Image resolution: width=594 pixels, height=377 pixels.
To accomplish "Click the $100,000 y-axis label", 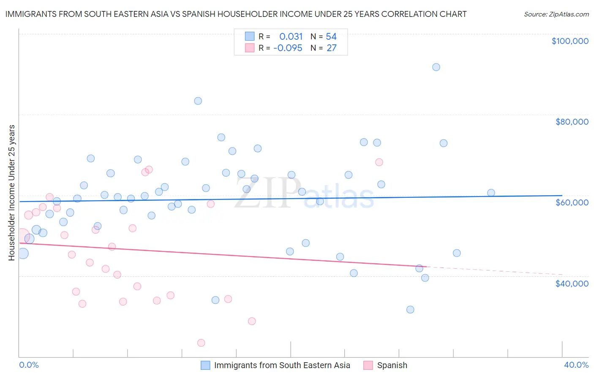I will pos(569,41).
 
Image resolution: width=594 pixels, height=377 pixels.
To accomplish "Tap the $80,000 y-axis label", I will pos(572,122).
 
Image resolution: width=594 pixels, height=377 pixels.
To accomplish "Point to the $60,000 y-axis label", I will pos(572,202).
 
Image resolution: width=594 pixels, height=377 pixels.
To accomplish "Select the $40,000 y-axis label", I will pos(572,284).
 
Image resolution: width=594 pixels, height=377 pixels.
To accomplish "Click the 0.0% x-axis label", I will pos(29,365).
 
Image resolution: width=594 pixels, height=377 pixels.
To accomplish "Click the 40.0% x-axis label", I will pos(576,365).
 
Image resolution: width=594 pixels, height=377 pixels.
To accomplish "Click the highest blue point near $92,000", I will pos(436,67).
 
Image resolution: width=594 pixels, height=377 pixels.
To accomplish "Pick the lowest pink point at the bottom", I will pos(201,343).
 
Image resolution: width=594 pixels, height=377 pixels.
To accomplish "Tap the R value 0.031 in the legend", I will pos(291,37).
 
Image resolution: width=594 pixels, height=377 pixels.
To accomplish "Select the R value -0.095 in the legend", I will pos(288,48).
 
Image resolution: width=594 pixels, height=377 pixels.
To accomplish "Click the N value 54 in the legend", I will pos(331,37).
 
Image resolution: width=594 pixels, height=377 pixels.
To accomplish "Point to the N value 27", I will pos(331,48).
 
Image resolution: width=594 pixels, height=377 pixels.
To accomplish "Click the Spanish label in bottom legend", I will pos(392,365).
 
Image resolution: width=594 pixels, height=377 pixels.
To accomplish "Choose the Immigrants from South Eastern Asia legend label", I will pos(282,365).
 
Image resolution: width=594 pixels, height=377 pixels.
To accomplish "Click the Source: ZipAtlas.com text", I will pos(556,14).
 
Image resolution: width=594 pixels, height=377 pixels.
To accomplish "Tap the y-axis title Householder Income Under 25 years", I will pos(12,192).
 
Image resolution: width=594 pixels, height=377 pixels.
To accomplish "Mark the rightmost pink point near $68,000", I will pos(379,162).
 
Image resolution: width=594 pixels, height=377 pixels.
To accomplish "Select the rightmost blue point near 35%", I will pos(491,193).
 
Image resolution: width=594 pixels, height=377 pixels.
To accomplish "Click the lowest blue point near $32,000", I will pos(410,309).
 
